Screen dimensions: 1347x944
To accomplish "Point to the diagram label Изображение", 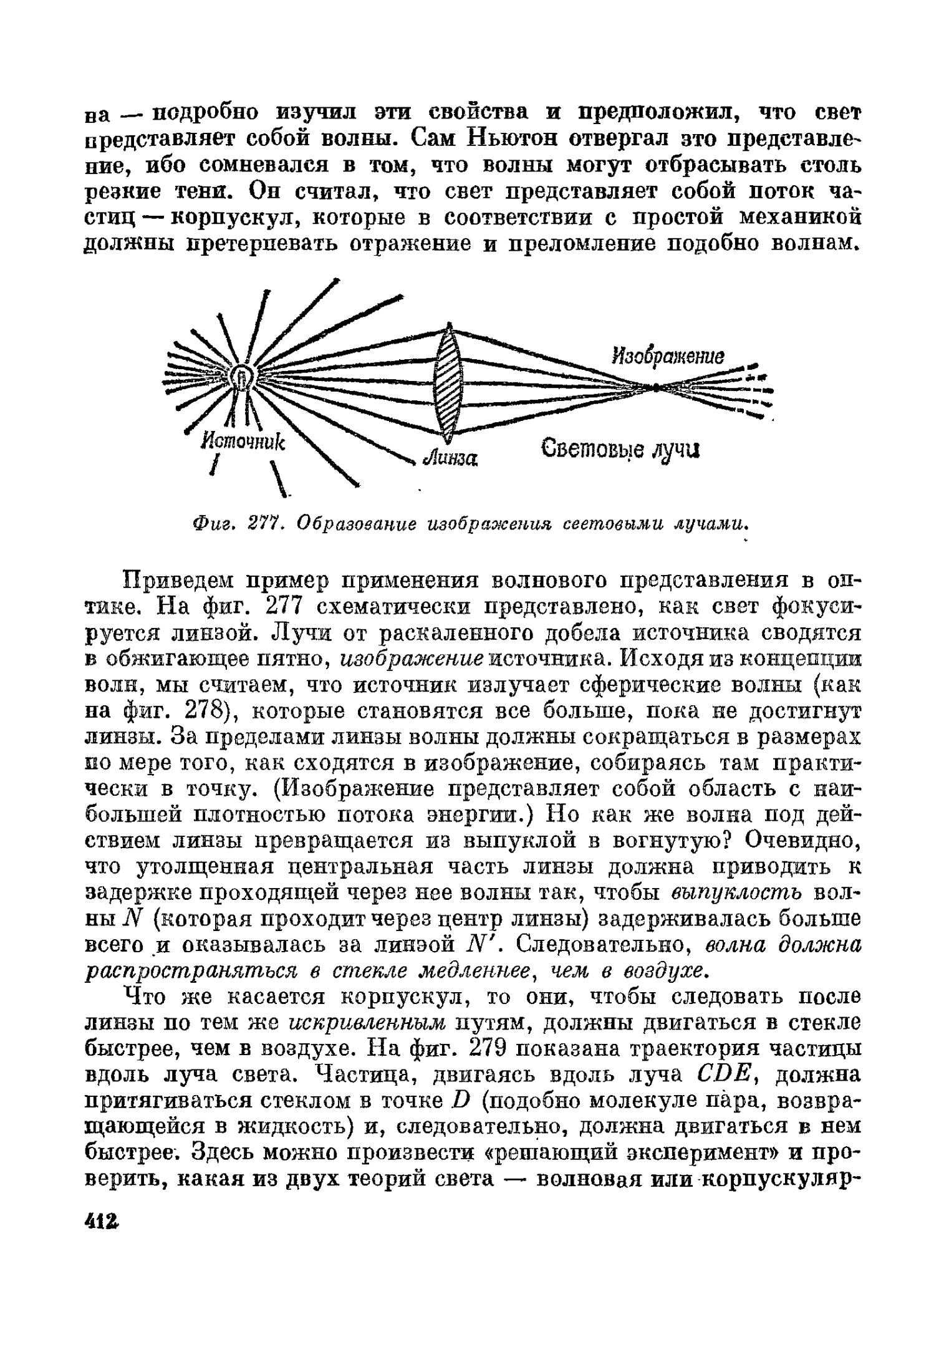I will [x=668, y=356].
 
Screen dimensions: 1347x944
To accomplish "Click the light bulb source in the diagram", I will [x=241, y=377].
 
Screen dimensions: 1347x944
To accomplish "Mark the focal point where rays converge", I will [x=655, y=387].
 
